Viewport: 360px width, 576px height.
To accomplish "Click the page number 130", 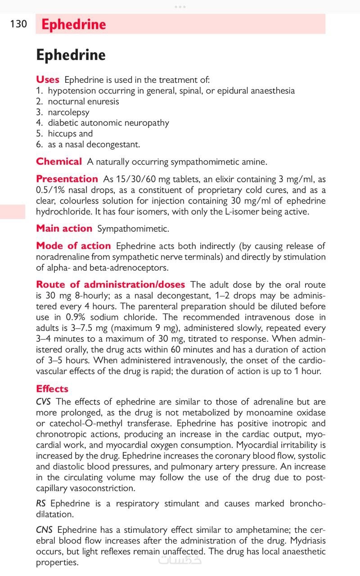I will (x=18, y=24).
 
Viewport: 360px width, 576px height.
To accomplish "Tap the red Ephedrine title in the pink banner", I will (x=73, y=24).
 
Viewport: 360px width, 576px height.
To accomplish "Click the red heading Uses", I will (x=47, y=80).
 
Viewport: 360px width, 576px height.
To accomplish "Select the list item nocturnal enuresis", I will (x=83, y=101).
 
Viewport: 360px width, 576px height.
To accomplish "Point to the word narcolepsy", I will (x=68, y=112).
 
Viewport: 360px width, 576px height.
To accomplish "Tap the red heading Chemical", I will (x=59, y=162).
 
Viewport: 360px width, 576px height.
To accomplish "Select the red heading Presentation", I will (x=67, y=179).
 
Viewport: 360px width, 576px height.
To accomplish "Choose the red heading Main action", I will (x=64, y=229).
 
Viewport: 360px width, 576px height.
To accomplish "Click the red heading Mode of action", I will (x=73, y=246).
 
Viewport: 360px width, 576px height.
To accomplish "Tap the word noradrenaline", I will (x=62, y=257).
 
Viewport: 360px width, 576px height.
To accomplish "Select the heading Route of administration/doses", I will (x=110, y=284).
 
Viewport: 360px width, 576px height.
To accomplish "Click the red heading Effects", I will (x=52, y=389).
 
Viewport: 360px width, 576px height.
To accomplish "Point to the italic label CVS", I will (x=43, y=402).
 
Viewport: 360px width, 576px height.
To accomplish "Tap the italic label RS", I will (x=41, y=504).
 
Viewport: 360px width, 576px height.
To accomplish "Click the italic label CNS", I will (x=44, y=530).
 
